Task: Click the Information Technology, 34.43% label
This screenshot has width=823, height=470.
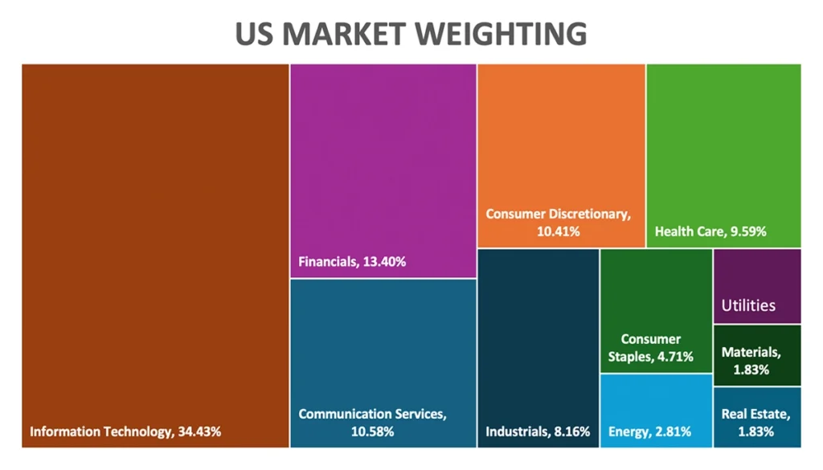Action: [125, 431]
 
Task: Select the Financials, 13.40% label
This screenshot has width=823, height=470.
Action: [352, 261]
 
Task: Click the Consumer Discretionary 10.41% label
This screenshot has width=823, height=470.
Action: [559, 223]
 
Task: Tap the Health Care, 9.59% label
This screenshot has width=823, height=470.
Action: [710, 231]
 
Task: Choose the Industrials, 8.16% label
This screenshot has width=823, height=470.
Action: [538, 431]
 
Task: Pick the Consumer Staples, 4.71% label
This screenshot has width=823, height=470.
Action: [656, 348]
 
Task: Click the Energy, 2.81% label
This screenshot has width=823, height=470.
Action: [649, 431]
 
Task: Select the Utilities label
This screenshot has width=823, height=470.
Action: [748, 305]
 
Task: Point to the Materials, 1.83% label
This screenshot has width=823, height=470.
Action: [751, 361]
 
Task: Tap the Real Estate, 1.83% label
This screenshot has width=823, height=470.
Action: [755, 423]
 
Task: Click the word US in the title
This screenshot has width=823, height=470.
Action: [252, 34]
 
